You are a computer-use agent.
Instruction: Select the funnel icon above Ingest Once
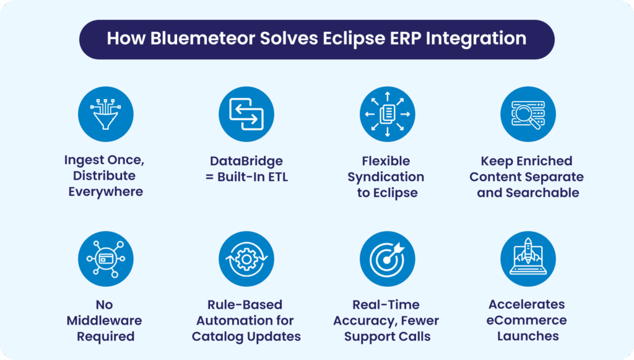[x=106, y=113]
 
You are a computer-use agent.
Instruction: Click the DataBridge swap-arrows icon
[x=246, y=113]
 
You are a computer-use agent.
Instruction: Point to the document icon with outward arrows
[x=386, y=113]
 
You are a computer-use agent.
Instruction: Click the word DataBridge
[x=246, y=161]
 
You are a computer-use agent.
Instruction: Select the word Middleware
[x=106, y=321]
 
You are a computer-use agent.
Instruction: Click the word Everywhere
[x=106, y=192]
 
